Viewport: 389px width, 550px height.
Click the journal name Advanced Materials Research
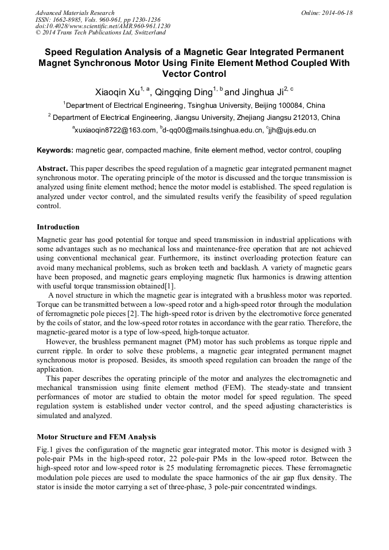[75, 13]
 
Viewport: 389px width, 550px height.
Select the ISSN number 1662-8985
[68, 19]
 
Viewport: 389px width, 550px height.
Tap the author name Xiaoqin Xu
[118, 92]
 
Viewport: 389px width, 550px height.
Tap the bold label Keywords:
[55, 150]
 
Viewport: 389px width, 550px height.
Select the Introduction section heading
[58, 227]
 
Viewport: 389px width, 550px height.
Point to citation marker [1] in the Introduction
[170, 286]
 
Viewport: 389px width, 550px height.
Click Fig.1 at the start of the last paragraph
[45, 450]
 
